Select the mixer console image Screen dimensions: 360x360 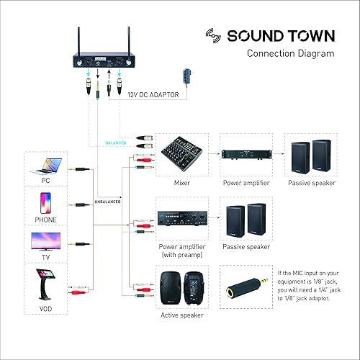[182, 153]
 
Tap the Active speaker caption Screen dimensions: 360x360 [182, 315]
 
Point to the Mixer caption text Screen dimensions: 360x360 [182, 183]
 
